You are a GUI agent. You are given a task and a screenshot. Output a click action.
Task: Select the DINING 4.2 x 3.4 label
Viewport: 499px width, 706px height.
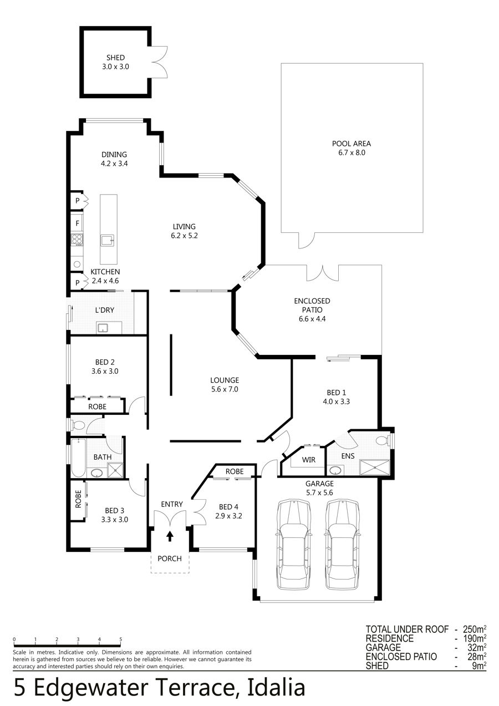click(x=114, y=159)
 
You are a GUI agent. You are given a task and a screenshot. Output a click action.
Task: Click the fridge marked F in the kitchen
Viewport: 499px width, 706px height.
click(x=77, y=224)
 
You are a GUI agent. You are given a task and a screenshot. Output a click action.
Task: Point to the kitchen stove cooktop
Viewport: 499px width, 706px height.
click(x=77, y=240)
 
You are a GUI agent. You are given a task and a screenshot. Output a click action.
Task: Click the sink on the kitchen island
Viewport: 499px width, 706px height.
click(x=107, y=241)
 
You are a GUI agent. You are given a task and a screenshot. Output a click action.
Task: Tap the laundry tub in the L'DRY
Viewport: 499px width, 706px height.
click(x=103, y=328)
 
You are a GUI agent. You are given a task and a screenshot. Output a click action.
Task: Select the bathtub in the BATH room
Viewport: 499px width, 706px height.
click(x=78, y=458)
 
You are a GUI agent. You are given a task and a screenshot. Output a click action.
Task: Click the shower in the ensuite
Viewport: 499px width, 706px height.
click(x=375, y=468)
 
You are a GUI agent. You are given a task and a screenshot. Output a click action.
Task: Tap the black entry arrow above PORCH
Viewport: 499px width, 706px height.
click(x=170, y=536)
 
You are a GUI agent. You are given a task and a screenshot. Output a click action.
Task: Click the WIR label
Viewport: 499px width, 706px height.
click(x=308, y=460)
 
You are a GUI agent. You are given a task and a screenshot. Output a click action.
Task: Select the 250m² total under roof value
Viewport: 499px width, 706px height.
click(x=475, y=629)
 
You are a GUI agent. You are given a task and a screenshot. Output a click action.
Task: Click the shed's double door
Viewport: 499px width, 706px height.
click(x=159, y=62)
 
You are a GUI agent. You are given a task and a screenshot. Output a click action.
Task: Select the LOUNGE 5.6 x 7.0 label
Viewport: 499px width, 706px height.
click(x=225, y=384)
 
